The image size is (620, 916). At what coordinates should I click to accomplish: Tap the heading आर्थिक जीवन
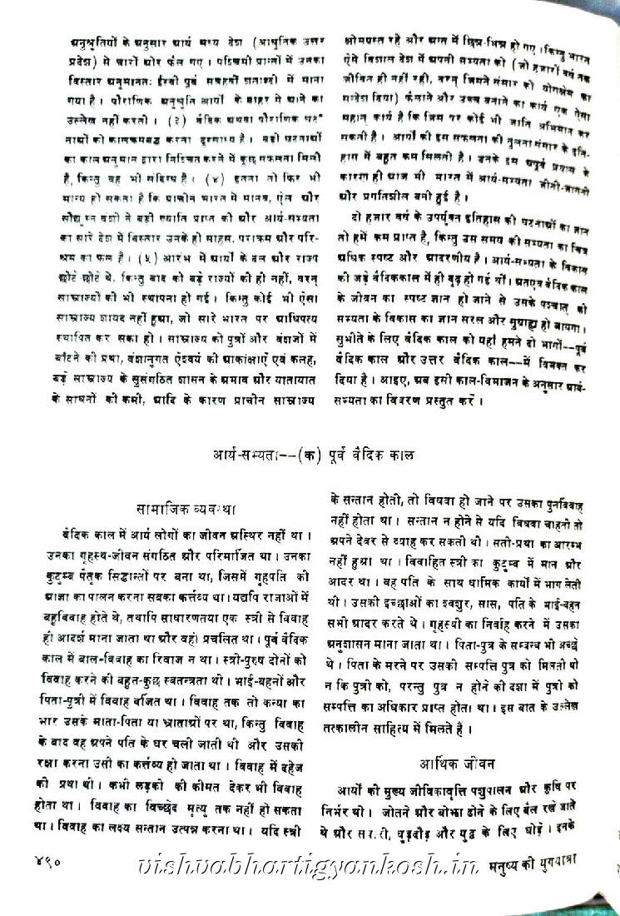point(459,761)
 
